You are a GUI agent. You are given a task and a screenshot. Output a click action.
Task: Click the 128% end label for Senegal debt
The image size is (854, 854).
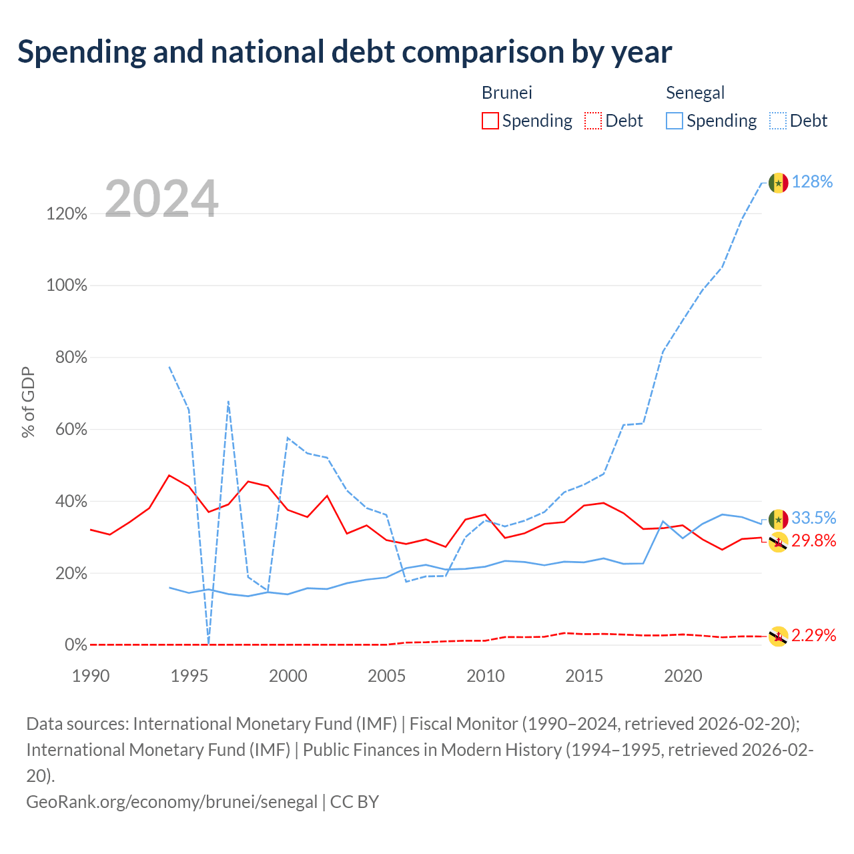coord(812,181)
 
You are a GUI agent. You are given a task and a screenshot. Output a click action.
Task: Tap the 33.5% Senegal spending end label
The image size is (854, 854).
coord(814,518)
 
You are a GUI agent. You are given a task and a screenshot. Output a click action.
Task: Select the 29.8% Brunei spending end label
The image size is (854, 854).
coord(814,540)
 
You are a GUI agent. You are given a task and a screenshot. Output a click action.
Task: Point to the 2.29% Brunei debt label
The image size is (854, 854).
coord(814,635)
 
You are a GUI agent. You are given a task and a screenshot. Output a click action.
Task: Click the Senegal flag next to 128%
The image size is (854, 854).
coord(778,183)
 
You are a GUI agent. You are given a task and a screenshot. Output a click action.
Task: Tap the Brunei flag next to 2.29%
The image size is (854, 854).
coord(778,637)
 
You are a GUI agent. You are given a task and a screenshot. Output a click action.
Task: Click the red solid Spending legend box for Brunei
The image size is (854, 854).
coord(490,121)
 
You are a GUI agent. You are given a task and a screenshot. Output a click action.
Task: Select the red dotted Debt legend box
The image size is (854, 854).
coord(593,121)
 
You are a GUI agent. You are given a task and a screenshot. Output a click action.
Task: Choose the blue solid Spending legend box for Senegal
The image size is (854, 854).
coord(674,121)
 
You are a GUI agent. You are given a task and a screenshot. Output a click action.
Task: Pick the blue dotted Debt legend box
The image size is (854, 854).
coord(777,121)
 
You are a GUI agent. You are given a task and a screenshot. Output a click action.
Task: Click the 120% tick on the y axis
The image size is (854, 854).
coord(67,214)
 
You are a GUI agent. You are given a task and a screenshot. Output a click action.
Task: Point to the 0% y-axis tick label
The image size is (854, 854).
coord(76,645)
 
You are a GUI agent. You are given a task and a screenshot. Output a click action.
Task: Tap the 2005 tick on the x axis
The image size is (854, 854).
coord(386,676)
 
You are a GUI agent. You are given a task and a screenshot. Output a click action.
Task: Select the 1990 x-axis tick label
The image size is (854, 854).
coord(91,676)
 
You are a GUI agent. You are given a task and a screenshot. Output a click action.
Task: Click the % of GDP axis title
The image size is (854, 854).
coord(28,402)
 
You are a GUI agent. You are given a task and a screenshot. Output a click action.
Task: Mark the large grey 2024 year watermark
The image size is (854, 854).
coord(161,198)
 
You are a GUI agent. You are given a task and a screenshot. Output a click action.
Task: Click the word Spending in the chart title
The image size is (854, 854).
coord(82,52)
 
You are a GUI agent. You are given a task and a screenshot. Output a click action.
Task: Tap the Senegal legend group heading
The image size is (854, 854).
coord(695,93)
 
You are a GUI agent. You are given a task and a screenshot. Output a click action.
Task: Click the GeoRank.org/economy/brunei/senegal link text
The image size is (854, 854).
coord(172,802)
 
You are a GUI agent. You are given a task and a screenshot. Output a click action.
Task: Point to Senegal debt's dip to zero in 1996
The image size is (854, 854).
coord(208,643)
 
